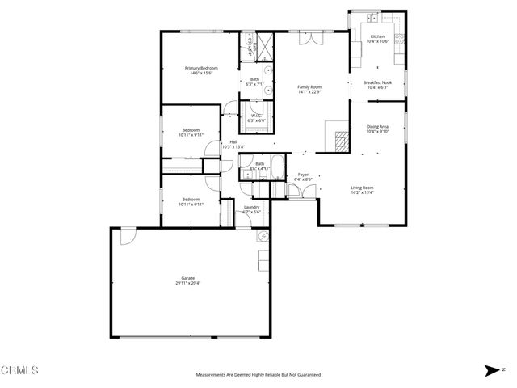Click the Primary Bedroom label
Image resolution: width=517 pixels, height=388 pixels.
[201, 68]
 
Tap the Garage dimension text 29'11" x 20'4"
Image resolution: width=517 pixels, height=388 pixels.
[188, 284]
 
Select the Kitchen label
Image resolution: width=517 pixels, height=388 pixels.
[376, 36]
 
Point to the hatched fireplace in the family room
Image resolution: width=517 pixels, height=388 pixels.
[338, 138]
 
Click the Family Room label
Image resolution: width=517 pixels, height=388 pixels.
[309, 86]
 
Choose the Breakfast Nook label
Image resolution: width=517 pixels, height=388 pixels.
[377, 82]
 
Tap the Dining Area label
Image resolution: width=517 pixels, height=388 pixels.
[377, 126]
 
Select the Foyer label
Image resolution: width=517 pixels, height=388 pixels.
[303, 174]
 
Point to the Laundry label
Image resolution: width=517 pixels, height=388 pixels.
[251, 207]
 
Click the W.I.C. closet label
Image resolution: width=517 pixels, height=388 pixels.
[254, 116]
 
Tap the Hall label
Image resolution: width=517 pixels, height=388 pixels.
[233, 141]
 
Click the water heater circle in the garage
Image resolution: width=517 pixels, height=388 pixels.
[263, 237]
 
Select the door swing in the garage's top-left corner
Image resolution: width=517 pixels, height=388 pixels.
[125, 237]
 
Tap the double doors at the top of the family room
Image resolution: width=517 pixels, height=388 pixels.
[310, 37]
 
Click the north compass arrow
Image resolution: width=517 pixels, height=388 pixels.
[491, 370]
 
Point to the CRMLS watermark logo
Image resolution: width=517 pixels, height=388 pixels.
[20, 370]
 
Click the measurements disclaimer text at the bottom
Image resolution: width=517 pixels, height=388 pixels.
[258, 375]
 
